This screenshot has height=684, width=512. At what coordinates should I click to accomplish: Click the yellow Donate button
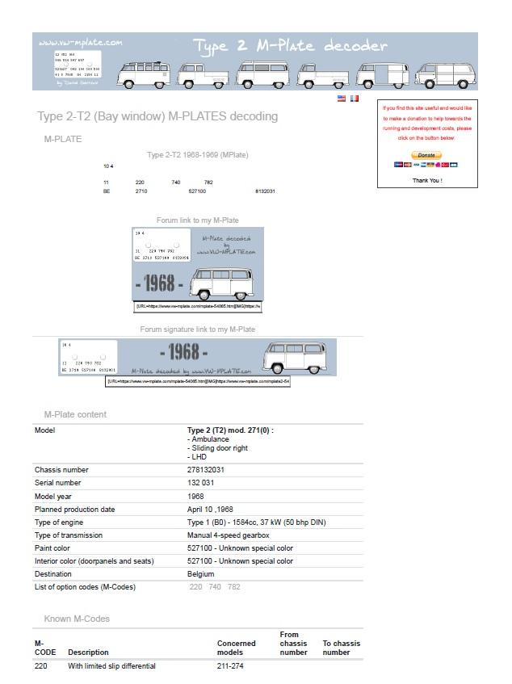[426, 154]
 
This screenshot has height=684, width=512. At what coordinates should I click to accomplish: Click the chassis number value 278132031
[206, 470]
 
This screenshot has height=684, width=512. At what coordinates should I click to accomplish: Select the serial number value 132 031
[203, 483]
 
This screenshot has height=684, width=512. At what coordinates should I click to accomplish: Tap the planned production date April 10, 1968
[210, 510]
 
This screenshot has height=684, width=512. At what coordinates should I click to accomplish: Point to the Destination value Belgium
[201, 574]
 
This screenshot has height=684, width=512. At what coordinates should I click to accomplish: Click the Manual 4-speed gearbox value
[229, 535]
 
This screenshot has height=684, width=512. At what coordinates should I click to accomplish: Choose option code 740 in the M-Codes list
[215, 587]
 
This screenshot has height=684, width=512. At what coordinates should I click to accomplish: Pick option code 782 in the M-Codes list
[234, 587]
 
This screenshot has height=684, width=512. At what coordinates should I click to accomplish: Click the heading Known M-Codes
[77, 619]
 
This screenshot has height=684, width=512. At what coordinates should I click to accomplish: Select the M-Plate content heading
[75, 414]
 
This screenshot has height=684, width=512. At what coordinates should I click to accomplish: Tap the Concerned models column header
[237, 648]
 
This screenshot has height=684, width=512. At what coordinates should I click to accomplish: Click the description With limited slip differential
[111, 666]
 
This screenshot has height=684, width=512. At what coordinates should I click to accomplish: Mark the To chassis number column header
[342, 648]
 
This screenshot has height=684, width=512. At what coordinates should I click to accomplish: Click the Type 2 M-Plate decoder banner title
[292, 46]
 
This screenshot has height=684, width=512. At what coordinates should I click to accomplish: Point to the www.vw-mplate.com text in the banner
[81, 43]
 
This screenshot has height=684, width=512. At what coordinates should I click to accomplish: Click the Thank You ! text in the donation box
[427, 180]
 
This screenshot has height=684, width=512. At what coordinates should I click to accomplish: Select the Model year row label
[55, 497]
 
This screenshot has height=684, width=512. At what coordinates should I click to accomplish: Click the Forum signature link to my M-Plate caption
[198, 329]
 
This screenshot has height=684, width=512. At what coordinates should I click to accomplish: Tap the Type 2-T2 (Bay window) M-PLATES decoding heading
[157, 116]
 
